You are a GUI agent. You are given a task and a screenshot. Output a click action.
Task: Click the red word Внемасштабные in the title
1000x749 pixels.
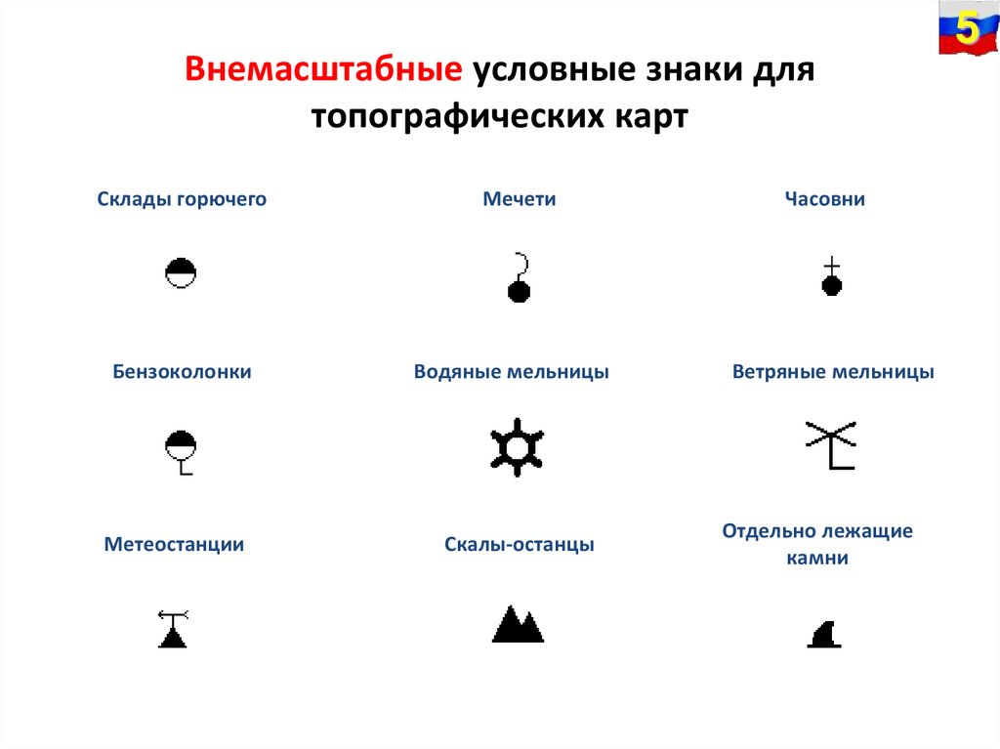click(323, 71)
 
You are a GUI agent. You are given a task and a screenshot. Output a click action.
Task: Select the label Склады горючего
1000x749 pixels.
click(182, 199)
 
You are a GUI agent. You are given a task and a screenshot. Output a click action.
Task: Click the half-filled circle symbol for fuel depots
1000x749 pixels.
click(181, 273)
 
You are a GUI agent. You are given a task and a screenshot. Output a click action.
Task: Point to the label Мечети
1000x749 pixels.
click(520, 199)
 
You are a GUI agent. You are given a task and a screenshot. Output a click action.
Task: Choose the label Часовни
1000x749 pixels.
click(825, 199)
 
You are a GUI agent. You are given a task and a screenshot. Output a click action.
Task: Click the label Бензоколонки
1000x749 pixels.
click(182, 372)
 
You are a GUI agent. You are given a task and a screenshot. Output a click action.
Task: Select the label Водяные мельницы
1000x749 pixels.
click(511, 372)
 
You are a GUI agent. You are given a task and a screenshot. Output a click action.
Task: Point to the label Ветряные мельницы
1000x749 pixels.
click(833, 372)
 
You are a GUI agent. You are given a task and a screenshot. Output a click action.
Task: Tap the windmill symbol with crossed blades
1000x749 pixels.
click(831, 444)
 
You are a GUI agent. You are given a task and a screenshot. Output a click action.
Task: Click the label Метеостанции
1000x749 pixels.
click(174, 545)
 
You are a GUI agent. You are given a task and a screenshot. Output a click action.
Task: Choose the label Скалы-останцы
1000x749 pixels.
click(519, 545)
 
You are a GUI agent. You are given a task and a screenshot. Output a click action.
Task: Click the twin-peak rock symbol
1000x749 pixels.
click(518, 625)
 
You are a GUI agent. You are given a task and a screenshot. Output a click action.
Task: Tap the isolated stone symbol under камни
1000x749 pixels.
click(825, 635)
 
